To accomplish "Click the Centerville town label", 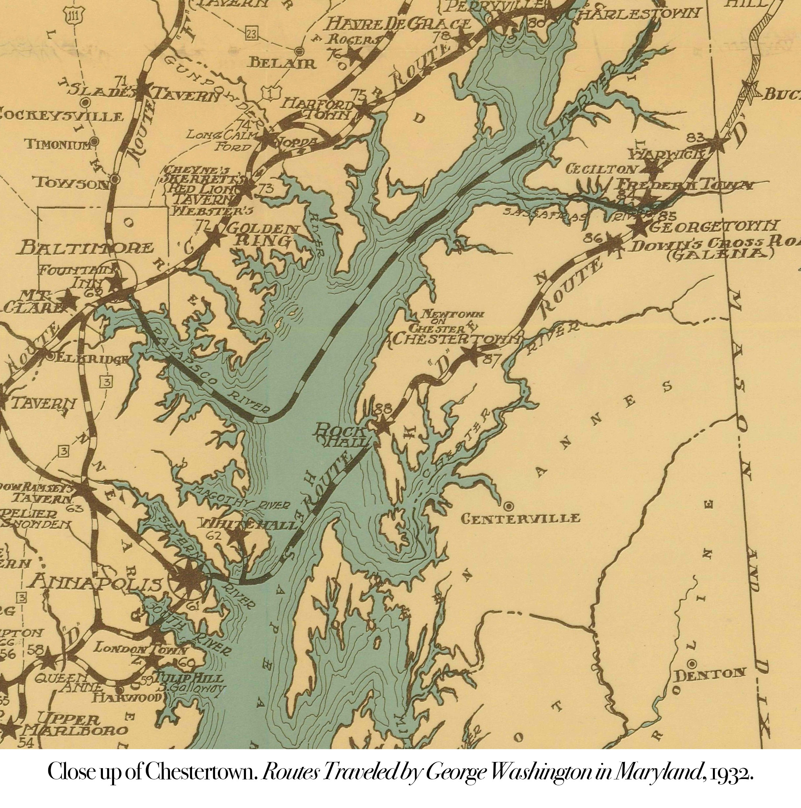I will pyautogui.click(x=520, y=518).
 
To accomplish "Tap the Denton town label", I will pyautogui.click(x=710, y=674).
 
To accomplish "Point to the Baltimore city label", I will pyautogui.click(x=86, y=248).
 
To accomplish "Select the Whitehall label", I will pyautogui.click(x=249, y=524).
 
